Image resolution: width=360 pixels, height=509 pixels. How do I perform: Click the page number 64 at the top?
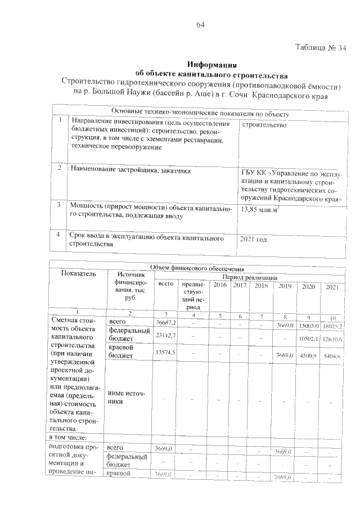coord(200,25)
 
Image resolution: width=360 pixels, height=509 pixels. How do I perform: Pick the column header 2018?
coord(261,286)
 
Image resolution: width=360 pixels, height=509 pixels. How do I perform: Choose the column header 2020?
coord(308,287)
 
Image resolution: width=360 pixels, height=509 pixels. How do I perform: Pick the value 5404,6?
coord(332,356)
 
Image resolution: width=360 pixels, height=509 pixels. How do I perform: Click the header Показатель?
coord(79,274)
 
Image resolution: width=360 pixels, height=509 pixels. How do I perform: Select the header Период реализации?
coord(249,277)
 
